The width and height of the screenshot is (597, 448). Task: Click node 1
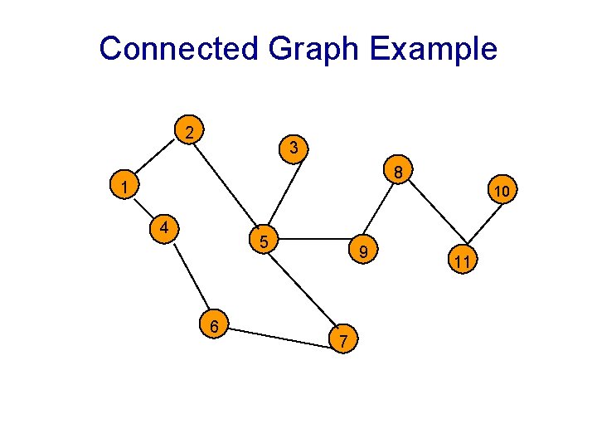pyautogui.click(x=122, y=187)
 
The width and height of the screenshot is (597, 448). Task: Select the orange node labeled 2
pyautogui.click(x=192, y=132)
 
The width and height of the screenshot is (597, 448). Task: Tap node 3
pyautogui.click(x=294, y=149)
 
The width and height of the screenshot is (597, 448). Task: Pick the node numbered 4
pyautogui.click(x=166, y=226)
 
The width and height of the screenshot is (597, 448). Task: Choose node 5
pyautogui.click(x=263, y=242)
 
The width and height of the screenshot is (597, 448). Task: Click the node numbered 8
pyautogui.click(x=398, y=173)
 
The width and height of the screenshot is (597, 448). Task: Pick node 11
pyautogui.click(x=463, y=262)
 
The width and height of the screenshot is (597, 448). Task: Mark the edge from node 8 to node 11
pyautogui.click(x=430, y=217)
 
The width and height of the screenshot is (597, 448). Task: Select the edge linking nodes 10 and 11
pyautogui.click(x=483, y=227)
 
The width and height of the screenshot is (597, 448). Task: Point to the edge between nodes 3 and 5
pyautogui.click(x=279, y=196)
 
